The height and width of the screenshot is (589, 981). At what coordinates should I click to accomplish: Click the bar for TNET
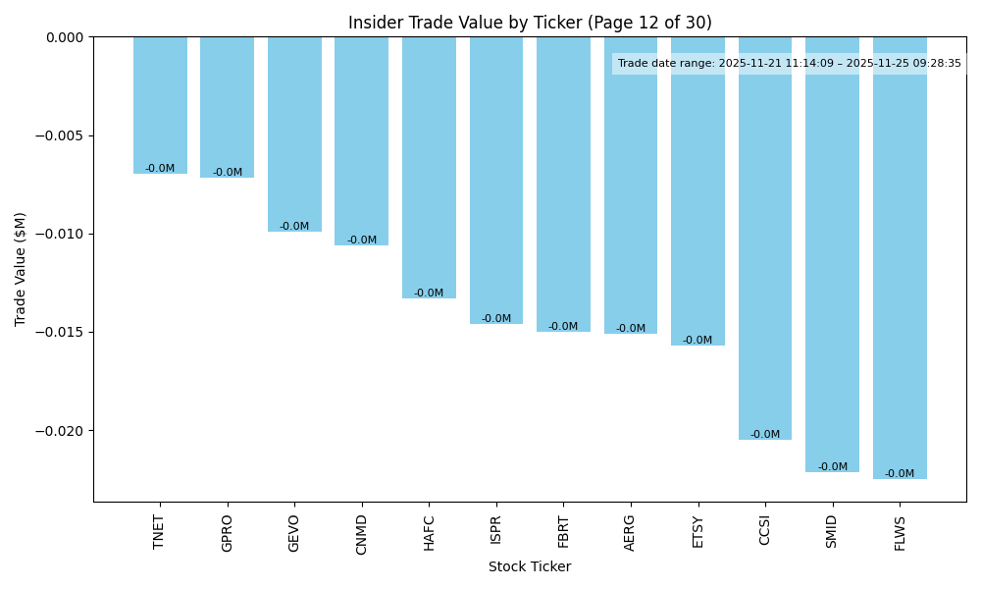coord(160,105)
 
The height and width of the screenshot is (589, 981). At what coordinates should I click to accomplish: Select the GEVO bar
coord(294,134)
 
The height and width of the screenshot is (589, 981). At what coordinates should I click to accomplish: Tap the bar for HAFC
coord(429,167)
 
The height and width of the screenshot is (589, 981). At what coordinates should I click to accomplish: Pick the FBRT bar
coord(563,184)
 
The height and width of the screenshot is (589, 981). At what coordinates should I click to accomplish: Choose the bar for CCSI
coord(765,238)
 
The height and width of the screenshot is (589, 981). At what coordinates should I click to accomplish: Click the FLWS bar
coord(900,257)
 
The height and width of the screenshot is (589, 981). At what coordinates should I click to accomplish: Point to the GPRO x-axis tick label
coord(228,532)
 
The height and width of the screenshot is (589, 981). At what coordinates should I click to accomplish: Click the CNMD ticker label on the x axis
coord(362,534)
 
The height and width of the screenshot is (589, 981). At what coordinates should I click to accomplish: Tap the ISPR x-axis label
coord(496,529)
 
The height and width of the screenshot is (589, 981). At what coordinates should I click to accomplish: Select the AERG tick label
coord(631,532)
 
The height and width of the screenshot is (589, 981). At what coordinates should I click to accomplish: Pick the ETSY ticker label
coord(698,531)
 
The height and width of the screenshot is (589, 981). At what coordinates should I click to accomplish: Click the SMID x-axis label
coord(833,531)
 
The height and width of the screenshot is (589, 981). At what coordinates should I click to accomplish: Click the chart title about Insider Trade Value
coord(530,23)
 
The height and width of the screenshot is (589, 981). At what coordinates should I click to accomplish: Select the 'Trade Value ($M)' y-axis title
coord(21,269)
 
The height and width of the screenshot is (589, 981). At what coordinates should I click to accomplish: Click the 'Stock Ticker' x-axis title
coord(530,566)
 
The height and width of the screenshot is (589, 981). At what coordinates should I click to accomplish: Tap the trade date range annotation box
coord(789,64)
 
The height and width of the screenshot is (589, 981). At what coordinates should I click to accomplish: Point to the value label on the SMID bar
coord(833,467)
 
